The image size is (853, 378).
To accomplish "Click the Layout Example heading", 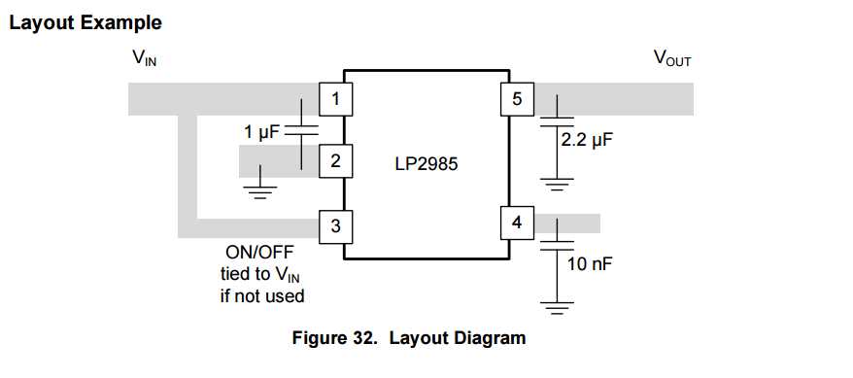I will coord(85,21).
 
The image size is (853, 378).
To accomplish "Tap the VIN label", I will coord(145,58).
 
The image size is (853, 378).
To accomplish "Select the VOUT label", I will coord(671,58).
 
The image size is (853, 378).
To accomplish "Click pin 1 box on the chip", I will coord(335,98).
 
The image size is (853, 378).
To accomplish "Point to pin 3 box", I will coord(335,227).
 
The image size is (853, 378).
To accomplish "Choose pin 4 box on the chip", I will coord(516,223).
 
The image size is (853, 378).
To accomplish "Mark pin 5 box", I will coord(516,98).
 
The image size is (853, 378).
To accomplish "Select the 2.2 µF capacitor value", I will coord(587,140).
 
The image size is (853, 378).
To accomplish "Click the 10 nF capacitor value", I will coord(589,263).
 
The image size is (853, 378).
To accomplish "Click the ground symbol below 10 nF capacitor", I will coord(556,310).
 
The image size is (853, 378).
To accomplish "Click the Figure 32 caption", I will coord(408,338).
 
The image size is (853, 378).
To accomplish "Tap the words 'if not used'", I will coord(261,295).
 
